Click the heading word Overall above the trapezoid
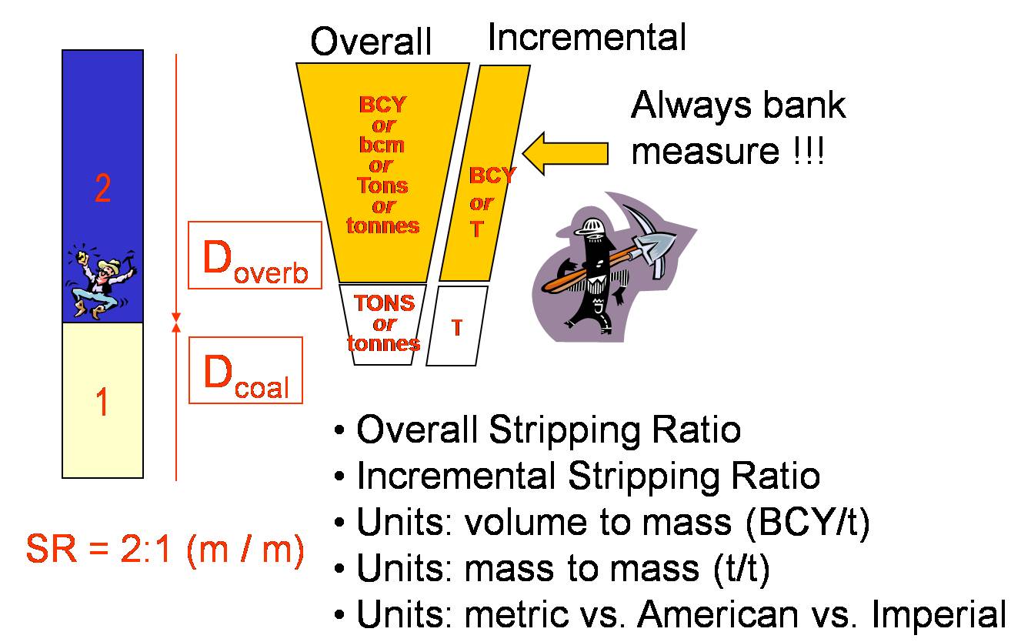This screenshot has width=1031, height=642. (371, 42)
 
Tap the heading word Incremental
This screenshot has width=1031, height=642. (586, 36)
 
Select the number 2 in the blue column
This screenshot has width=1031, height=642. (102, 189)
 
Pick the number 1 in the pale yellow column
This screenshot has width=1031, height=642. (102, 402)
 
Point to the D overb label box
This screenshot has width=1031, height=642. (255, 256)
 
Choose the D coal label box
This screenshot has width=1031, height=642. (246, 370)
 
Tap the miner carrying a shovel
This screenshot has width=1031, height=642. (608, 266)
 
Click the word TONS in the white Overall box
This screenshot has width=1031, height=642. (384, 303)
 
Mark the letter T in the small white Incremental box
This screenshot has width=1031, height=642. (457, 328)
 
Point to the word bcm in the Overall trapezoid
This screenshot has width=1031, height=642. (382, 145)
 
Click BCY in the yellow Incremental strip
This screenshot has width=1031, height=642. (492, 176)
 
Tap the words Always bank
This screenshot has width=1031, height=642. (738, 105)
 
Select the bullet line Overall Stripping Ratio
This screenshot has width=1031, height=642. (548, 430)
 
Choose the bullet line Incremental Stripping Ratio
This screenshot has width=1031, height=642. (588, 476)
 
